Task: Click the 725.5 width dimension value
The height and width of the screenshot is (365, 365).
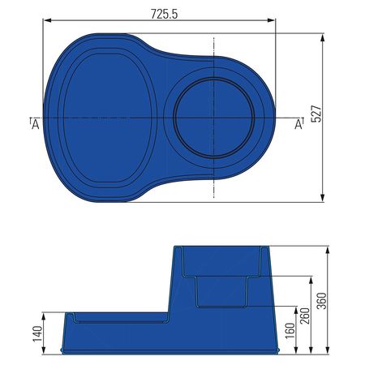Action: [164, 14]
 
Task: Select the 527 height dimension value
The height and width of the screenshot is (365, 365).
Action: [316, 114]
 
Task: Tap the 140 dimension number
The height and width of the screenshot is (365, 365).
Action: [37, 334]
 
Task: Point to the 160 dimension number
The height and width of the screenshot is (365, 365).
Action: [290, 331]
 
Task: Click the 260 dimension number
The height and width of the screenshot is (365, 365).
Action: [305, 316]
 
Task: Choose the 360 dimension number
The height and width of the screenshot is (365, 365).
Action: [322, 301]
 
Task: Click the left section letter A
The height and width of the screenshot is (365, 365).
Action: [35, 125]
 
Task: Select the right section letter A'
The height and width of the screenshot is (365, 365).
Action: [298, 124]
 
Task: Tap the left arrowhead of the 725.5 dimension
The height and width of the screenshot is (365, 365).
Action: [47, 20]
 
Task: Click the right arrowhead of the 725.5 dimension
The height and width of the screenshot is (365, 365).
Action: [271, 20]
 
